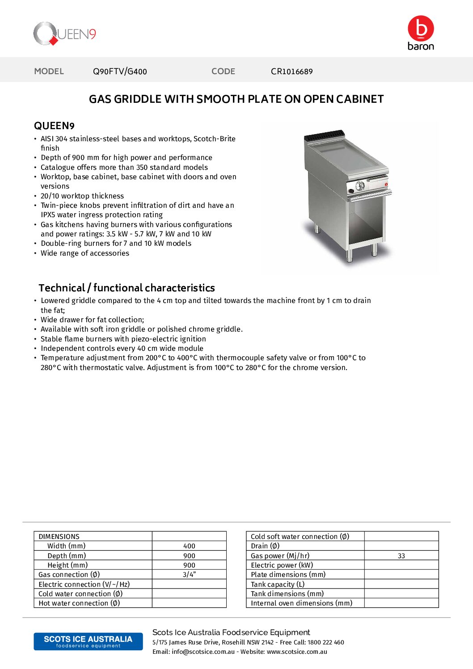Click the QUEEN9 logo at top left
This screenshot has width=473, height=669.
(64, 34)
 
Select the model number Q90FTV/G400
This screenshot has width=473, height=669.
(120, 72)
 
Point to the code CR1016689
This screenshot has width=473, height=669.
(291, 72)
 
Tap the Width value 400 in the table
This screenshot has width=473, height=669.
(189, 546)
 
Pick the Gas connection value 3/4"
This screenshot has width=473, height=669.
(189, 575)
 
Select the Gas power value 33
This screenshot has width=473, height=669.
(401, 556)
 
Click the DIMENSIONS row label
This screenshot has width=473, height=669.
(59, 537)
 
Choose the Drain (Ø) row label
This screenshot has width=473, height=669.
(265, 546)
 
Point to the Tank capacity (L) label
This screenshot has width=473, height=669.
(278, 585)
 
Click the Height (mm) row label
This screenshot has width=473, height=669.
(68, 565)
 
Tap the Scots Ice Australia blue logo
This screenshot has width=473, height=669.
(88, 641)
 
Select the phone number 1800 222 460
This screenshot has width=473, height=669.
(326, 643)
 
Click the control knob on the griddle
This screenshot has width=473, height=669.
(360, 186)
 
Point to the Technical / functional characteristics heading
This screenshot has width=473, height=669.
(127, 288)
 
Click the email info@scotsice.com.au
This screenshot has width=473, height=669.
(203, 652)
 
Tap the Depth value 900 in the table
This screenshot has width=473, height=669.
(189, 556)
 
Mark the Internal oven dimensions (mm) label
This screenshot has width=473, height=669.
(301, 603)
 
